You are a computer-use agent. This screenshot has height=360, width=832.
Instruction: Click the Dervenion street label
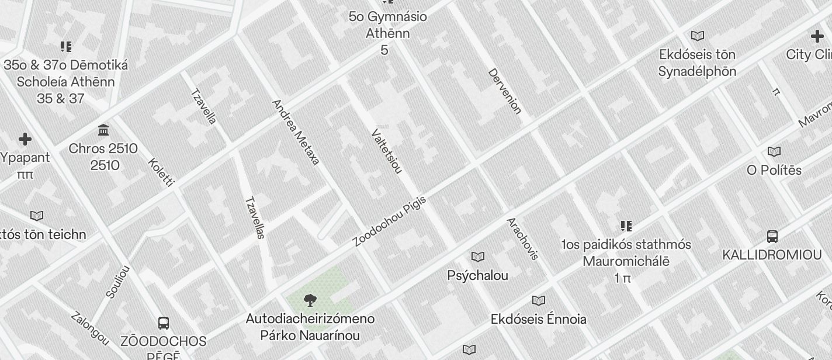(x=504, y=91)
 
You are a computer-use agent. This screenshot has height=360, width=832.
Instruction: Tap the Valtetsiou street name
(x=387, y=151)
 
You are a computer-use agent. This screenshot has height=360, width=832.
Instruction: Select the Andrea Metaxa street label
(x=296, y=132)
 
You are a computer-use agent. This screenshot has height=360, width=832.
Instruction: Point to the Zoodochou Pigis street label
(x=390, y=221)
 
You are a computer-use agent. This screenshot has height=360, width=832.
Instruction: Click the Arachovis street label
(x=522, y=238)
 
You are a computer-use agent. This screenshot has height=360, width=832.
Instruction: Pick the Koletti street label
(x=161, y=172)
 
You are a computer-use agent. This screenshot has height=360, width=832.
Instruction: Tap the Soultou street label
(x=118, y=282)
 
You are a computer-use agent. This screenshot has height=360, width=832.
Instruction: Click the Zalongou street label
(x=90, y=328)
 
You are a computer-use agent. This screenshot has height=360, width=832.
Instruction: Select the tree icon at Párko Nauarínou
(x=310, y=300)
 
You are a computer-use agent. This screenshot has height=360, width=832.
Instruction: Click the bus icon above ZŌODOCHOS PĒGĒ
(x=164, y=323)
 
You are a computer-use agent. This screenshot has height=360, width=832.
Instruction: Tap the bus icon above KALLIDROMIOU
(x=772, y=237)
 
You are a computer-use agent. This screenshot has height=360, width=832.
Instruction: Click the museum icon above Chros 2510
(x=103, y=130)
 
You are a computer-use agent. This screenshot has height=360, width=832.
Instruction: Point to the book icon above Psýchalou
(x=478, y=257)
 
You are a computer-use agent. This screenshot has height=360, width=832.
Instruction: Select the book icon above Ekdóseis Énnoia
(x=538, y=300)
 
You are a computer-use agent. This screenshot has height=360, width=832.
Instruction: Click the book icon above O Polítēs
(x=774, y=152)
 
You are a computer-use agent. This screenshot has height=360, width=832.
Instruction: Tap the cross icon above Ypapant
(x=25, y=139)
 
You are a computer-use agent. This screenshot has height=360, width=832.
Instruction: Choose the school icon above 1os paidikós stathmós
(x=626, y=226)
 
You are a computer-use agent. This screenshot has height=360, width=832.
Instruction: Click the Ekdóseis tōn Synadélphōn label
(x=697, y=63)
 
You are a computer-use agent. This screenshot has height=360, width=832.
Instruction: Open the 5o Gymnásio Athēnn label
(x=387, y=25)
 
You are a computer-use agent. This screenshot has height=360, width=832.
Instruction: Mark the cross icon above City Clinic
(x=817, y=37)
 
